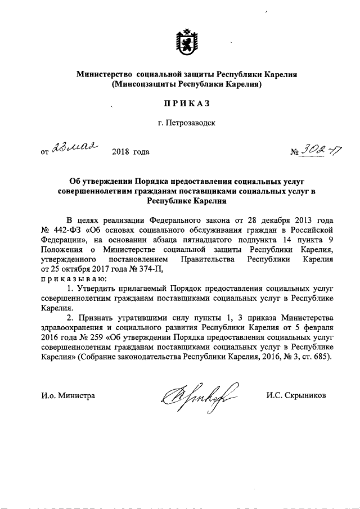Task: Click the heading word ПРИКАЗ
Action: point(187,103)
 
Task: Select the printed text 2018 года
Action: point(131,151)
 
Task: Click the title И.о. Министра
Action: point(68,395)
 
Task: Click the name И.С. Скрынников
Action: point(296,395)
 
